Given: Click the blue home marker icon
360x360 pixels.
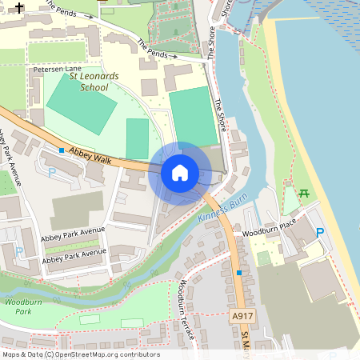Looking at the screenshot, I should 180,172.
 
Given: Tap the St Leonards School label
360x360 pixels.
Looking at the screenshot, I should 94,82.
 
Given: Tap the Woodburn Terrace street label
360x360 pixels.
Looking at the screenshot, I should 186,309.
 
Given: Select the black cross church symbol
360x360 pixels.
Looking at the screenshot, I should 19,10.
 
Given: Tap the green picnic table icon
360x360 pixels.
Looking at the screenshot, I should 303,192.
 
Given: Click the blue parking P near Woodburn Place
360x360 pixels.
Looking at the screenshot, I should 320,233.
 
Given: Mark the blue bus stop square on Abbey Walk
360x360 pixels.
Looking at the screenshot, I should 61,150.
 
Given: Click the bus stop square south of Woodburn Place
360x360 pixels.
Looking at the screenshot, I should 238,273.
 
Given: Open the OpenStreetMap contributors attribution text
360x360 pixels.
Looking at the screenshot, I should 80,354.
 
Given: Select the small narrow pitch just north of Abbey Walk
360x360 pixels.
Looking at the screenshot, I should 138,138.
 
